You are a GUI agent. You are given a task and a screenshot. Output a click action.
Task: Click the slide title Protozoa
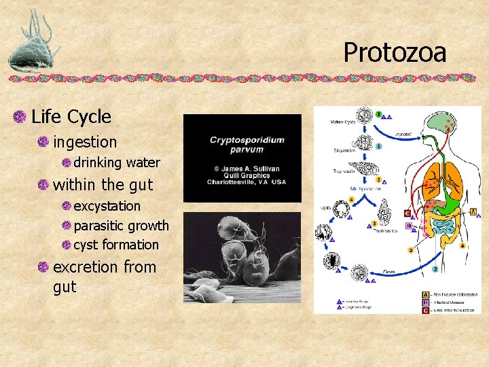click(x=395, y=52)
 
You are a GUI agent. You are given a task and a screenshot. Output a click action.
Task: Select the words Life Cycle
click(x=71, y=117)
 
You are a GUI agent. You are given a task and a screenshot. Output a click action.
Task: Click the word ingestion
click(x=85, y=142)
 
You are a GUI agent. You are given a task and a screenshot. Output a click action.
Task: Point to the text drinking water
click(x=116, y=162)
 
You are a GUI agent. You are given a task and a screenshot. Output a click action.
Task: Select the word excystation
click(x=107, y=205)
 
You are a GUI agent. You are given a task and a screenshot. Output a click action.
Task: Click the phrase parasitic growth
click(x=121, y=225)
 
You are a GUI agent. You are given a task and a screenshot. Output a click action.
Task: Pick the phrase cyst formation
click(x=115, y=245)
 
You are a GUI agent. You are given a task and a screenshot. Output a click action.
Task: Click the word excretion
click(x=87, y=267)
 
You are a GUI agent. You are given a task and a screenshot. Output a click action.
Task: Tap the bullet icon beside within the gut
click(x=43, y=185)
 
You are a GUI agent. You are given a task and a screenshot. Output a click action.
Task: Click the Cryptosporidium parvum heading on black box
click(x=247, y=145)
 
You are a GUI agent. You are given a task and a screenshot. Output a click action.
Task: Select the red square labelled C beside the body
click(x=407, y=213)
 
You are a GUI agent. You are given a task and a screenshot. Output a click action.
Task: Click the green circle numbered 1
click(x=379, y=113)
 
